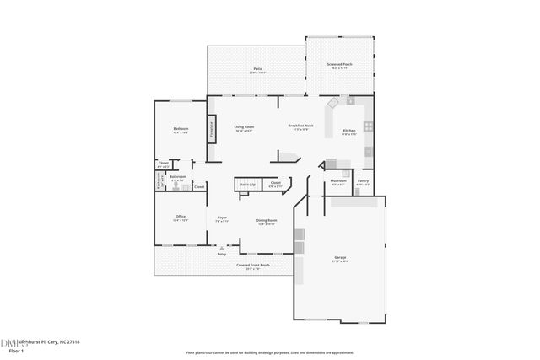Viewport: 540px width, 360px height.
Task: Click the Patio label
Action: pos(256,69)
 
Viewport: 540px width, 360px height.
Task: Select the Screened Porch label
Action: pos(340,64)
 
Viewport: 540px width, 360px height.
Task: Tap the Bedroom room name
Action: pos(181,129)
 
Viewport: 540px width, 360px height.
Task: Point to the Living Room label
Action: pos(244,126)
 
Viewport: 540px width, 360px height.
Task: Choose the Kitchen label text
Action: pos(349,131)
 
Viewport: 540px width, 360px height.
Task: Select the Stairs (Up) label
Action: pos(247,182)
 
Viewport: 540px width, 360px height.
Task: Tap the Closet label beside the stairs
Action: pos(275,182)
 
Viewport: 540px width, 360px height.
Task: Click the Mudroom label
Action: pos(338,181)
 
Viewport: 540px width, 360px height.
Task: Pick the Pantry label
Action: pos(363,180)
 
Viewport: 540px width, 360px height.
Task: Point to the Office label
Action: pos(181,217)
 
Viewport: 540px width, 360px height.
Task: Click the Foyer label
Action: pos(221,218)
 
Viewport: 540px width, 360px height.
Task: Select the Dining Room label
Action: pos(267,222)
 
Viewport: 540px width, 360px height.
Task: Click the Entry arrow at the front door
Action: pos(222,250)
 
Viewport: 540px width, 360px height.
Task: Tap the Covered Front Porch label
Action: pos(252,265)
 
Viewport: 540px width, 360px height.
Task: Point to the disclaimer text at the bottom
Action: pos(269,352)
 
